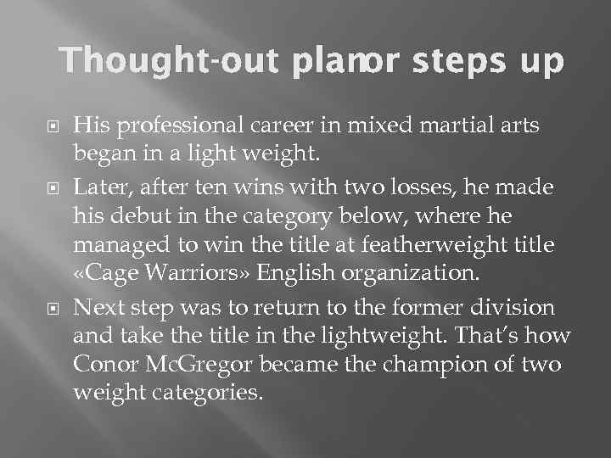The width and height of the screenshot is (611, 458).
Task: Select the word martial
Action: tap(462, 127)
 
